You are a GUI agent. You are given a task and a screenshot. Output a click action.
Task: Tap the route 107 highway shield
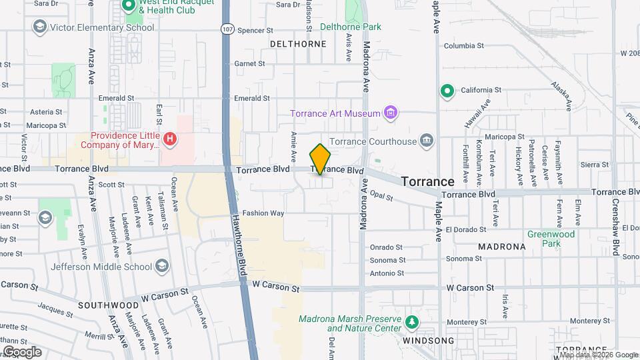(228, 29)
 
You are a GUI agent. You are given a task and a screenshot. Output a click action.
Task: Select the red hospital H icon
(171, 139)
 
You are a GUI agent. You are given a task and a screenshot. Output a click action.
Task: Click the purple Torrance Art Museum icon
(391, 113)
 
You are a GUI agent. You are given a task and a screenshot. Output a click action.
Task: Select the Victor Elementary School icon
(40, 27)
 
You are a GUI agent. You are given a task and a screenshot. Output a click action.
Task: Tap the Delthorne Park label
(351, 27)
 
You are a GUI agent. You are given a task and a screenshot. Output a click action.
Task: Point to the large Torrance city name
(427, 181)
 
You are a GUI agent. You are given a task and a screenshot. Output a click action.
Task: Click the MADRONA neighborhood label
(501, 246)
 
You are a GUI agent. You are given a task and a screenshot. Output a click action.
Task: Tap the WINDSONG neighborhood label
(428, 341)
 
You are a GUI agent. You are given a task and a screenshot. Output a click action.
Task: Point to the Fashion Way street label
(263, 213)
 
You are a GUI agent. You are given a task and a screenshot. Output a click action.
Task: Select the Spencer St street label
(255, 31)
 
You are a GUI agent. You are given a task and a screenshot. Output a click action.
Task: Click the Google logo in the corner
(22, 351)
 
